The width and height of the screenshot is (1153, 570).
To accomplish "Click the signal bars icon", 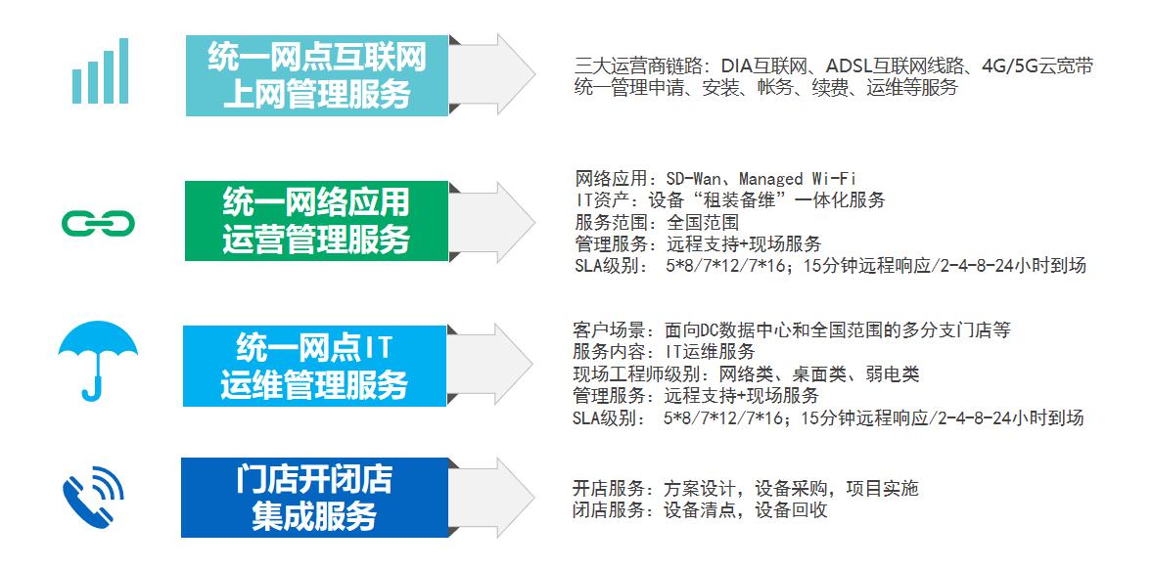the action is pyautogui.click(x=100, y=71).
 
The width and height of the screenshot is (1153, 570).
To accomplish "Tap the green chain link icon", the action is pyautogui.click(x=98, y=225).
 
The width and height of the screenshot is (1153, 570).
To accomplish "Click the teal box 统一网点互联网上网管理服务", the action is pyautogui.click(x=317, y=75).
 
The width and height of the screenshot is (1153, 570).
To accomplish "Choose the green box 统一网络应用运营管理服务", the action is pyautogui.click(x=315, y=221).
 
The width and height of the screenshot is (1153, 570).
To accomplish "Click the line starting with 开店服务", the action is pyautogui.click(x=745, y=489).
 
